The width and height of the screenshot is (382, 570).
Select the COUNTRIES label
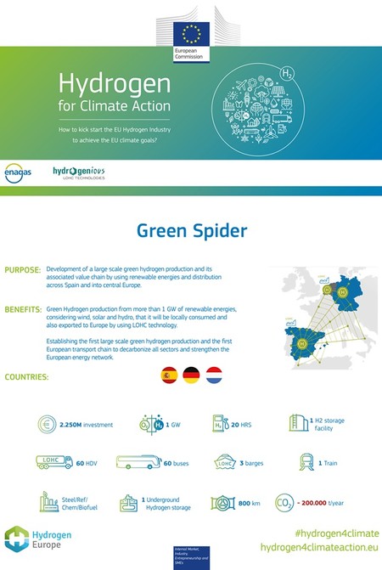pos(26,375)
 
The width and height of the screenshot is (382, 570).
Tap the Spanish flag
pos(169,375)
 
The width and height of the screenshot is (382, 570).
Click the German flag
pos(192,375)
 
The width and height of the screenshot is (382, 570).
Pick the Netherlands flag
pos(215,375)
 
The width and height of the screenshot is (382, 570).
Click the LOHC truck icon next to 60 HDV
pos(53,463)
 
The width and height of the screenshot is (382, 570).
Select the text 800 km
pos(248,504)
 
